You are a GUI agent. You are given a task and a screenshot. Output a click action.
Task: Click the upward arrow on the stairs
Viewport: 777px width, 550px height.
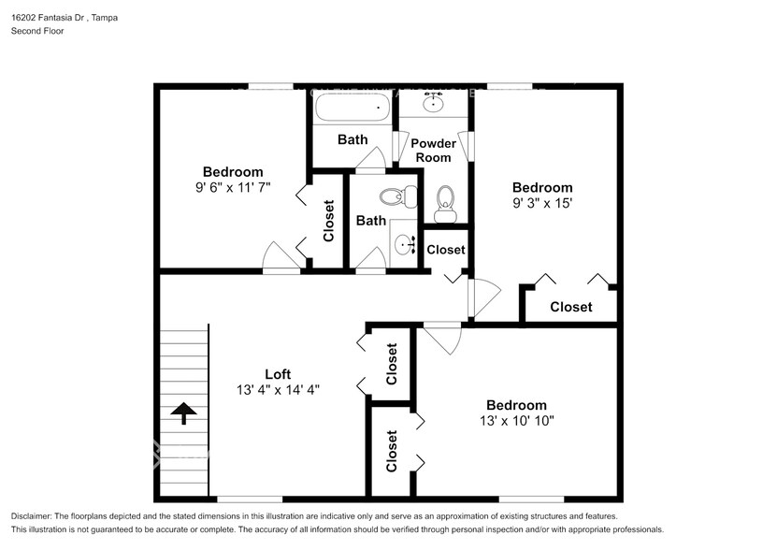coord(183,412)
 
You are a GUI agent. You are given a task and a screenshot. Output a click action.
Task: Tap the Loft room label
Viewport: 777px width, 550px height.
coord(278,374)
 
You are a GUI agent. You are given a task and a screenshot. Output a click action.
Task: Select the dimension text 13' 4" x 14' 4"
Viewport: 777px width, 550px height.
coord(278,390)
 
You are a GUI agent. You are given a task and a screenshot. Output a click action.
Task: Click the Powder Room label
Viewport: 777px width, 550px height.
coord(434,150)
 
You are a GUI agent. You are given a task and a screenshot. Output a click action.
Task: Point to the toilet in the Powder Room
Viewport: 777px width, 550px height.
coord(445,200)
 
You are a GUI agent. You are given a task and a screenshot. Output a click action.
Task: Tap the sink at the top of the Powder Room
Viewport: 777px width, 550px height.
coord(433,102)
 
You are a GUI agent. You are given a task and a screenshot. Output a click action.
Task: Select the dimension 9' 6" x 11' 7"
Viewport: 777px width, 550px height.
coord(233,187)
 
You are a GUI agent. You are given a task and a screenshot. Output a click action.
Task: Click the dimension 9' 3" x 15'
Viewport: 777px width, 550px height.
coord(541,202)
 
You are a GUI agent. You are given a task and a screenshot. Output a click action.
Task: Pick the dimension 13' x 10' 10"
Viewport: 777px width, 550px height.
coord(515,420)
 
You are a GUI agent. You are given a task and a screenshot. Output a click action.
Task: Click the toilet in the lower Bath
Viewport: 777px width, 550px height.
coord(397,196)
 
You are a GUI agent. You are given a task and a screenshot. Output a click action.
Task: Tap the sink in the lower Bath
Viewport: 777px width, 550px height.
coord(405,246)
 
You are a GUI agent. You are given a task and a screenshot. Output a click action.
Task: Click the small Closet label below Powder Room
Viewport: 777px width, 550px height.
coord(445,250)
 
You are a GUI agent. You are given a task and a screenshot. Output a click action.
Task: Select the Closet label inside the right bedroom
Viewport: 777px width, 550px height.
coord(570,307)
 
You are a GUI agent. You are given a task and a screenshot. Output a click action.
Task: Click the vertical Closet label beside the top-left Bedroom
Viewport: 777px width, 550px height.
coord(328,221)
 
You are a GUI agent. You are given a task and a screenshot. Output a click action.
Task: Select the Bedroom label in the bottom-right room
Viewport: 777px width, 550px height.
coord(515,405)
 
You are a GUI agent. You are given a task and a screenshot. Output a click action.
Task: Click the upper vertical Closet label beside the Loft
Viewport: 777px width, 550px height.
coord(392,364)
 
